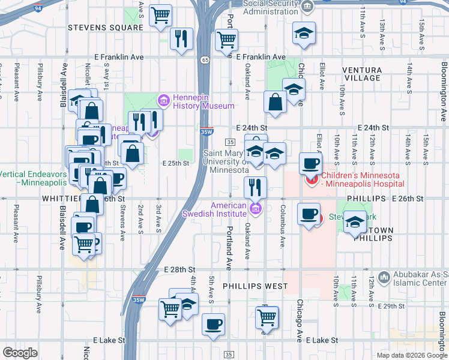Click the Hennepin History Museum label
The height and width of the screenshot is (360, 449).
point(195,101)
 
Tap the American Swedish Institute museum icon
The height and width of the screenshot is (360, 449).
point(256,209)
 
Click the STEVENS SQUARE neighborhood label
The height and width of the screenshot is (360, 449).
point(99,28)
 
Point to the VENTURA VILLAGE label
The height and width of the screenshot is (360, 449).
point(362,74)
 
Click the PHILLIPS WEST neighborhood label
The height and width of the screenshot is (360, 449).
point(256,286)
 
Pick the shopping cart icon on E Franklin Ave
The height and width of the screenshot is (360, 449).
point(227,40)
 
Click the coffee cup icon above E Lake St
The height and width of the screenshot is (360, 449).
point(213,325)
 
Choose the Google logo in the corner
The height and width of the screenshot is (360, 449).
point(20,353)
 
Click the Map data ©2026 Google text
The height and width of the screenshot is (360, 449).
point(412,355)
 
